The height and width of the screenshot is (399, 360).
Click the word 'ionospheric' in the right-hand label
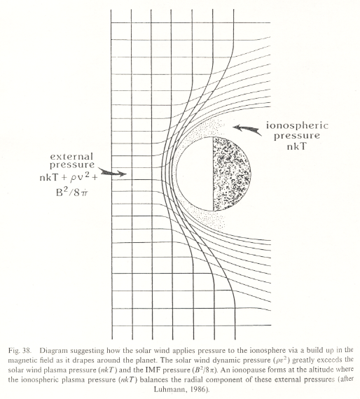(x=297, y=126)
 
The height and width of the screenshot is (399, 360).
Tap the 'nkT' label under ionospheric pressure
(x=297, y=146)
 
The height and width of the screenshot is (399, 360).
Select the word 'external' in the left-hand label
(x=71, y=156)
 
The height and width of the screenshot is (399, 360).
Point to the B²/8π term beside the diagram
(x=72, y=192)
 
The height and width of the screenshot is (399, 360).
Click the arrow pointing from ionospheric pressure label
(x=247, y=129)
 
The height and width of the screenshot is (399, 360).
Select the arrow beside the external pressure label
(x=112, y=172)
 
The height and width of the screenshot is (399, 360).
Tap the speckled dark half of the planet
(x=231, y=174)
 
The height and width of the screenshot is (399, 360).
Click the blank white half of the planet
(x=195, y=174)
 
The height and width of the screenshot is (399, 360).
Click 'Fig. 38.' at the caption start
(x=20, y=351)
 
